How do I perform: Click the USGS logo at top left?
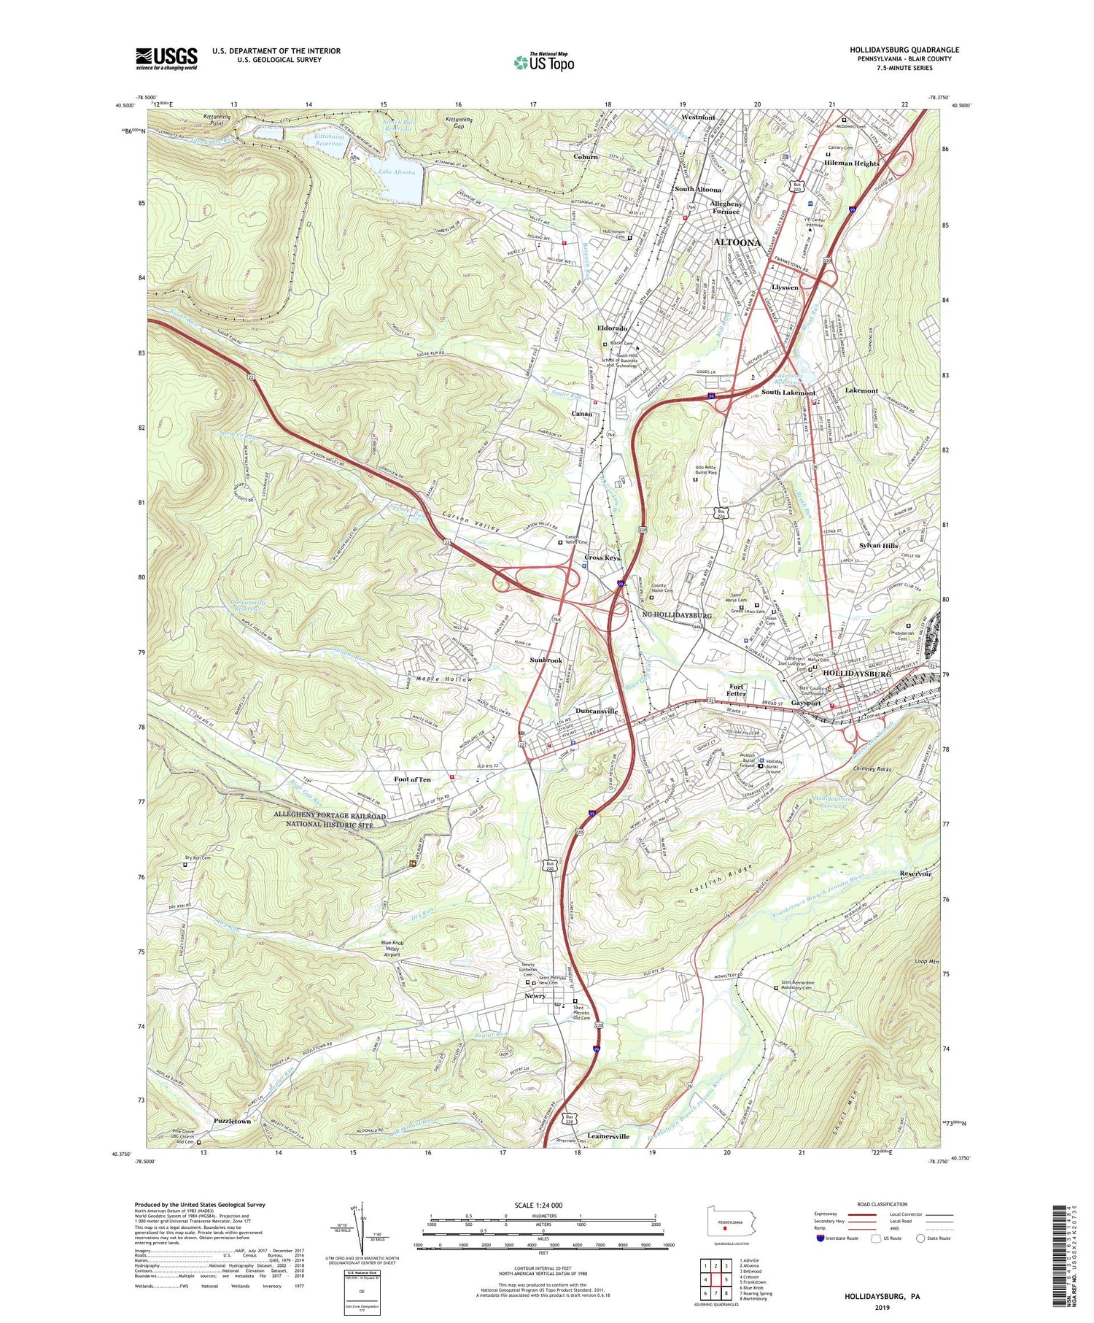point(166,58)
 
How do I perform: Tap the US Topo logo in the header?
point(543,63)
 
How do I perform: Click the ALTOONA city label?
point(737,242)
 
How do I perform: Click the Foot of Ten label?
point(412,779)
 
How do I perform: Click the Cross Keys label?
point(602,558)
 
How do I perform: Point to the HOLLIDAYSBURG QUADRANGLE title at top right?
point(904,50)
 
